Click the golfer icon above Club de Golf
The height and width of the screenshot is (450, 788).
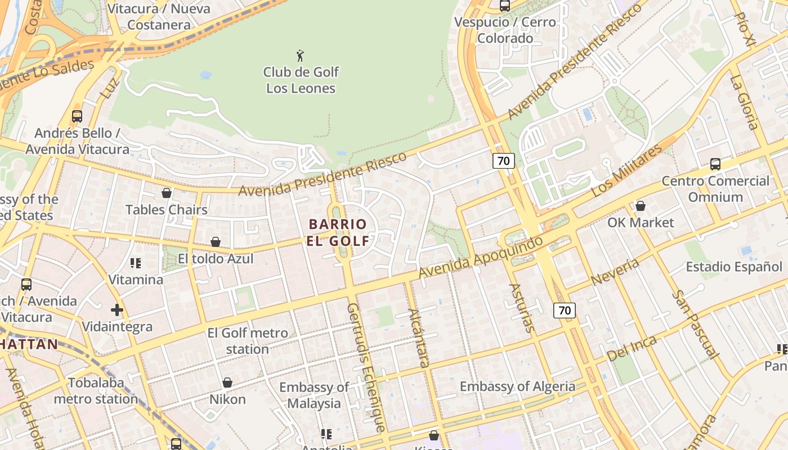click(300, 56)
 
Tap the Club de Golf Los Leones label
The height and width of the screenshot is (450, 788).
click(301, 80)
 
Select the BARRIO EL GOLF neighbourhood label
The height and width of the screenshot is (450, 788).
click(338, 232)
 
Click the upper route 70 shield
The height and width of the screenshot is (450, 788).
click(503, 161)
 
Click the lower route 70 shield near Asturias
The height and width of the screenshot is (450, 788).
click(565, 310)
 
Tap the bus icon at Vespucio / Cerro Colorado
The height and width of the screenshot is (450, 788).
click(505, 6)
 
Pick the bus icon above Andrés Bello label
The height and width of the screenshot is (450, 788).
click(77, 116)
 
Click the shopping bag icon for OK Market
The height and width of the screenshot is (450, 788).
click(640, 206)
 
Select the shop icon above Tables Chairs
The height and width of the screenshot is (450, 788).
click(167, 193)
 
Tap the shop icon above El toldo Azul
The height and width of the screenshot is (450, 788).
click(215, 242)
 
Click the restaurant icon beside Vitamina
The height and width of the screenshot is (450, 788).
click(135, 263)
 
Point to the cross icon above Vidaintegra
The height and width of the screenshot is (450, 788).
click(117, 310)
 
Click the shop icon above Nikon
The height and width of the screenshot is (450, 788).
click(227, 382)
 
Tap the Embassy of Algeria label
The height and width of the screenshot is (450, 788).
click(517, 386)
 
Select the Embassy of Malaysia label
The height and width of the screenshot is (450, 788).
click(314, 395)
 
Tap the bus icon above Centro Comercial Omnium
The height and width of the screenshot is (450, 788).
click(715, 164)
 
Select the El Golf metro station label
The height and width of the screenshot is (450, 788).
click(248, 341)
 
